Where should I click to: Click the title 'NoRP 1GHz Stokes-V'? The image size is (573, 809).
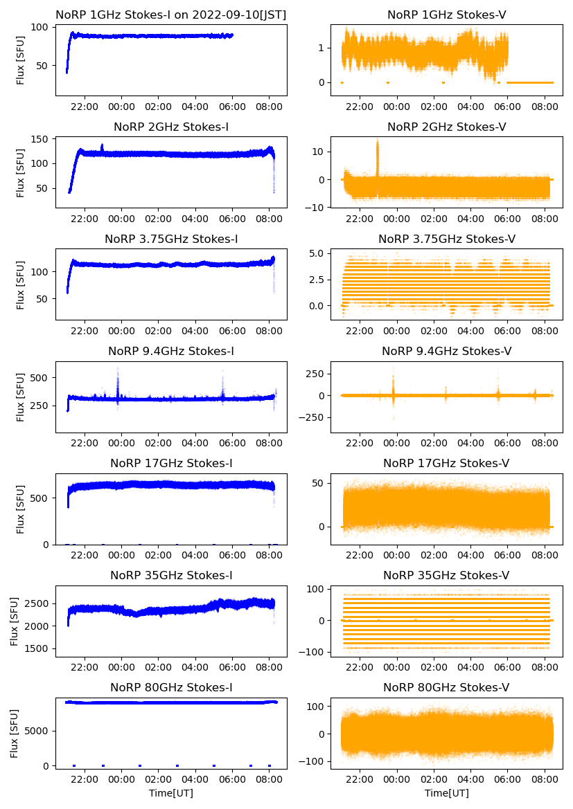pos(446,15)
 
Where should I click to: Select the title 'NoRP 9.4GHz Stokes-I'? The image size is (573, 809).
pos(171,352)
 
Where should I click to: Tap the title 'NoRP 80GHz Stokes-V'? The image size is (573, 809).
pos(446,688)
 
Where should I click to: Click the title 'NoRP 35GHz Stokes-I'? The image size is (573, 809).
pos(171,576)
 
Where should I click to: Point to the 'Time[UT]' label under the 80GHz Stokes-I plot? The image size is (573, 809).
pos(171,793)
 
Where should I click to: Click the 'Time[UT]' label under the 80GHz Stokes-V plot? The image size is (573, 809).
pos(446,793)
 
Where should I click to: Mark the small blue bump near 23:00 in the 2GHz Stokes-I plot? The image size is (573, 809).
pos(103,147)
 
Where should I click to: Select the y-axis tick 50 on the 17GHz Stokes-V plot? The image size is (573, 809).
pos(319,483)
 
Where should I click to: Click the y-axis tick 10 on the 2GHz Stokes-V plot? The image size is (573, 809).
pos(319,152)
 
